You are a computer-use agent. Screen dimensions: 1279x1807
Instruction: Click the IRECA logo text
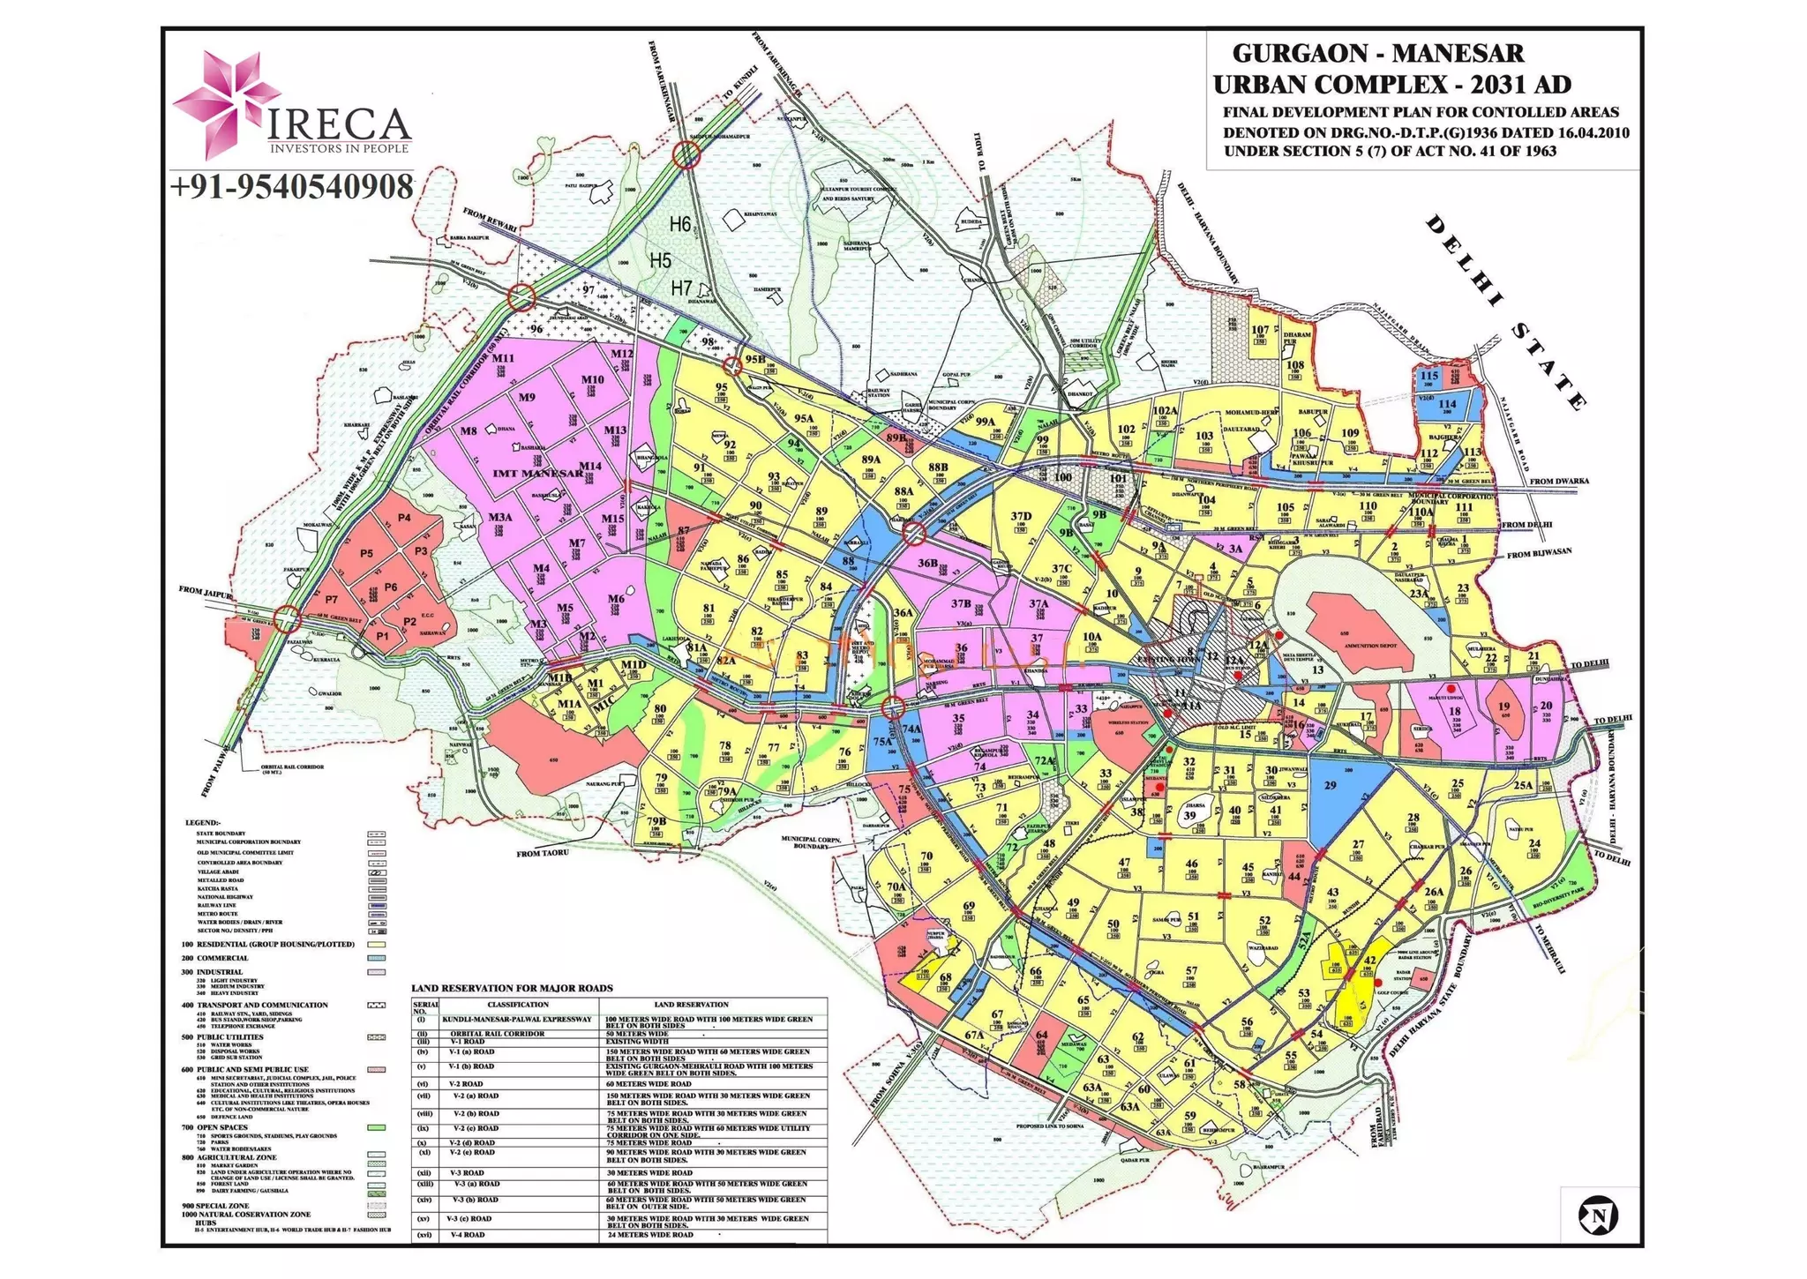[338, 124]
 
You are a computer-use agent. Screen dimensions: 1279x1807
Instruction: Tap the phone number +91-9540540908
[291, 188]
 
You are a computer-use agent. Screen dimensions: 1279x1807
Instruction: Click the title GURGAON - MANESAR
[1377, 53]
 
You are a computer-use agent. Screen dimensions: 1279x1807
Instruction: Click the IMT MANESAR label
[537, 474]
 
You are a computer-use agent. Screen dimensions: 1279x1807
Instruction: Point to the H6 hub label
[679, 225]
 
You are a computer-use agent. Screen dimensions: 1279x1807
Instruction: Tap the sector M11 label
[503, 358]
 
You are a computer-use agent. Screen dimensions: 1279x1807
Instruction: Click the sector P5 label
[367, 554]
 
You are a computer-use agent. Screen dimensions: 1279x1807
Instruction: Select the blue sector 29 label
[1330, 785]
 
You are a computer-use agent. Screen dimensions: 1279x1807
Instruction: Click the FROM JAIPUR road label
[205, 590]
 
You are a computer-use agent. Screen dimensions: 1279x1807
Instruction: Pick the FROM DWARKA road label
[1559, 481]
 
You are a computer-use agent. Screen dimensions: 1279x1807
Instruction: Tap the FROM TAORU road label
[543, 853]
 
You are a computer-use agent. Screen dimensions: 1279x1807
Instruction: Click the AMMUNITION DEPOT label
[1370, 646]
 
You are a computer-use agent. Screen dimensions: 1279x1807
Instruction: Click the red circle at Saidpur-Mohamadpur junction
[686, 155]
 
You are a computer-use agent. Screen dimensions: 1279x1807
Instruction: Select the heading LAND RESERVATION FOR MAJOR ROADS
[512, 988]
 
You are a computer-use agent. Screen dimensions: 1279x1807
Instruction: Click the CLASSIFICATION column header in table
[518, 1005]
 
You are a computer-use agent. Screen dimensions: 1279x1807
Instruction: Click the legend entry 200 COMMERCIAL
[215, 958]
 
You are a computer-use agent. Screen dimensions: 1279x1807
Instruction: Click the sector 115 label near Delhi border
[1428, 376]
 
